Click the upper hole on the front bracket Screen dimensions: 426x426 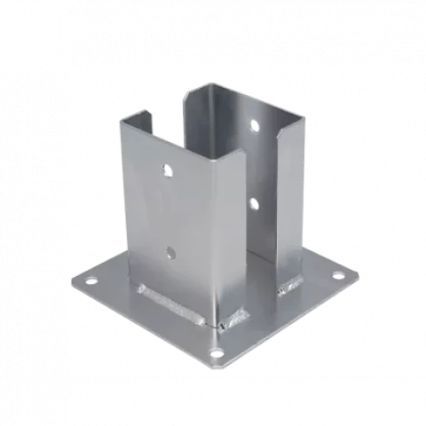click(166, 168)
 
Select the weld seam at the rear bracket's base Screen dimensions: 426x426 click(289, 285)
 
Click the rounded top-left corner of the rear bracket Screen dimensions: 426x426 click(189, 91)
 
